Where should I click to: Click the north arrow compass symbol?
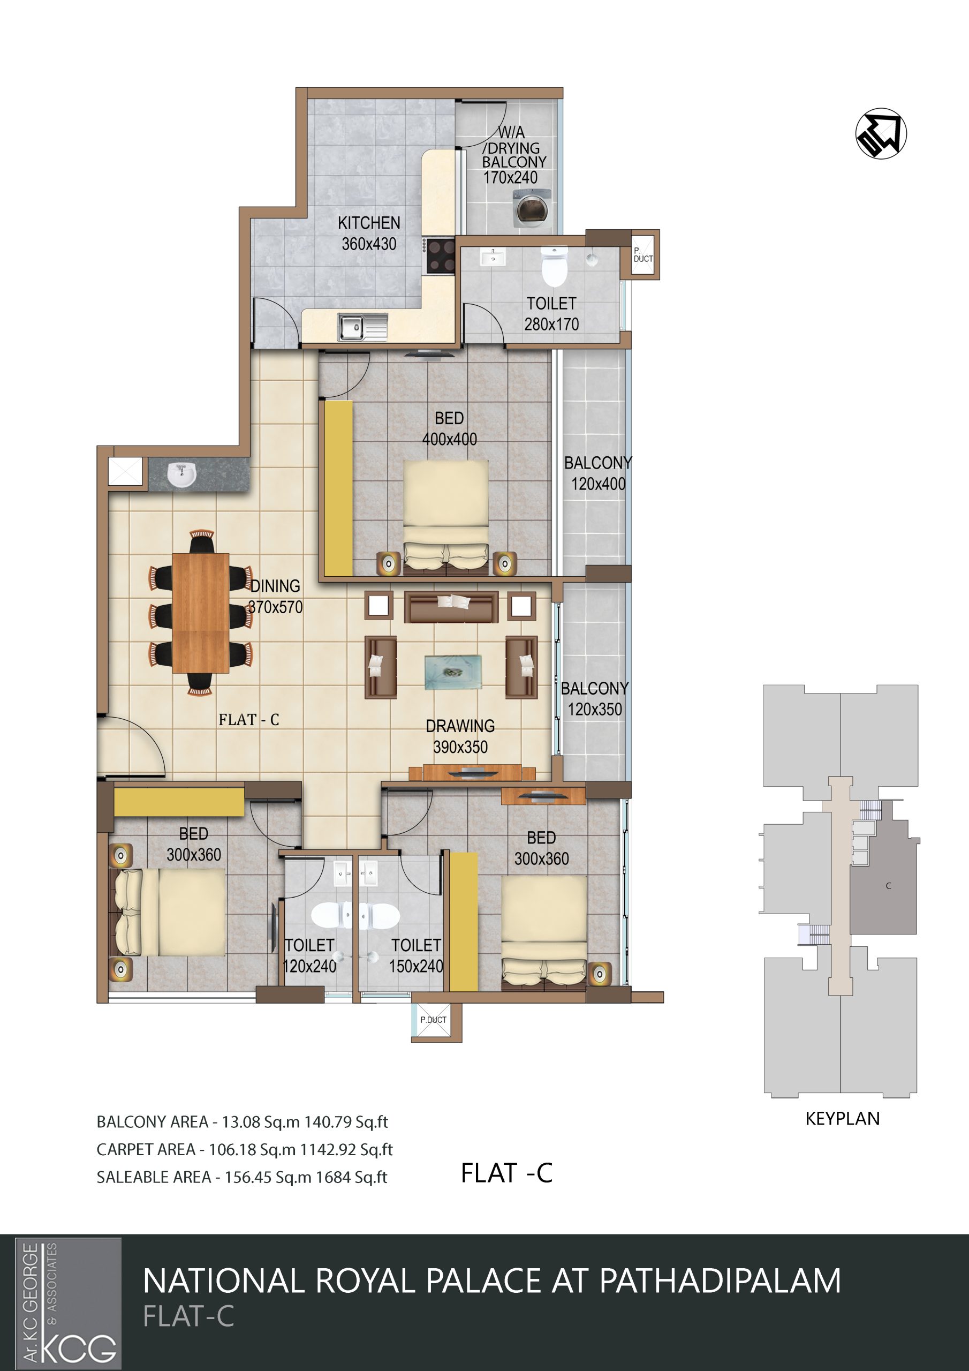pos(881,133)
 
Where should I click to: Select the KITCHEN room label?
pos(369,223)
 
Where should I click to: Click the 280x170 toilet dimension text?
pos(551,324)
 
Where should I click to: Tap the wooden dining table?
pos(201,613)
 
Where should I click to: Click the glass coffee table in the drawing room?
pos(452,672)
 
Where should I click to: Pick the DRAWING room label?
pos(460,726)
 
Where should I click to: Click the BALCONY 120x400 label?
pos(597,473)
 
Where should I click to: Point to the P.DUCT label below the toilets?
pos(433,1020)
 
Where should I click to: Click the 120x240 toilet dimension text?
pos(309,966)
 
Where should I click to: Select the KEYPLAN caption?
pos(843,1118)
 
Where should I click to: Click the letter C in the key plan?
pos(888,886)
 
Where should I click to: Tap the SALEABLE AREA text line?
pos(242,1177)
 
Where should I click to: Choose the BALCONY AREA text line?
pos(243,1122)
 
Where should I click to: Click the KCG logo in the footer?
pos(68,1303)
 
